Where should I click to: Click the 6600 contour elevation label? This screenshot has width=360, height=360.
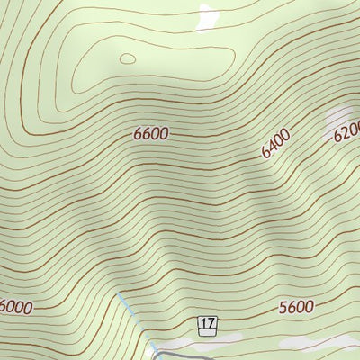click(150, 134)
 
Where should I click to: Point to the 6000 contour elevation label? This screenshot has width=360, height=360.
click(15, 307)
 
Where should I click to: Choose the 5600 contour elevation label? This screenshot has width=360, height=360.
click(296, 307)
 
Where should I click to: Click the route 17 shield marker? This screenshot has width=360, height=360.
click(209, 324)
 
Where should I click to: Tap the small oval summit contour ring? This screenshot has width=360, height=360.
click(128, 59)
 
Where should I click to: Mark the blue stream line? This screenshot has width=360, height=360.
click(135, 319)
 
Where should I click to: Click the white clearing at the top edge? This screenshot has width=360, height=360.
click(207, 13)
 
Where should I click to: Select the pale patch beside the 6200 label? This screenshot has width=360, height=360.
click(340, 117)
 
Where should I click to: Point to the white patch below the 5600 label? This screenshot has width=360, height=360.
click(301, 343)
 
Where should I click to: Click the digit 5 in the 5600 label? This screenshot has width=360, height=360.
click(283, 307)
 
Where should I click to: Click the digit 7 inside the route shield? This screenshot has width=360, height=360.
click(212, 324)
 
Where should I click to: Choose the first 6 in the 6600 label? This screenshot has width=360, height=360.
click(138, 134)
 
